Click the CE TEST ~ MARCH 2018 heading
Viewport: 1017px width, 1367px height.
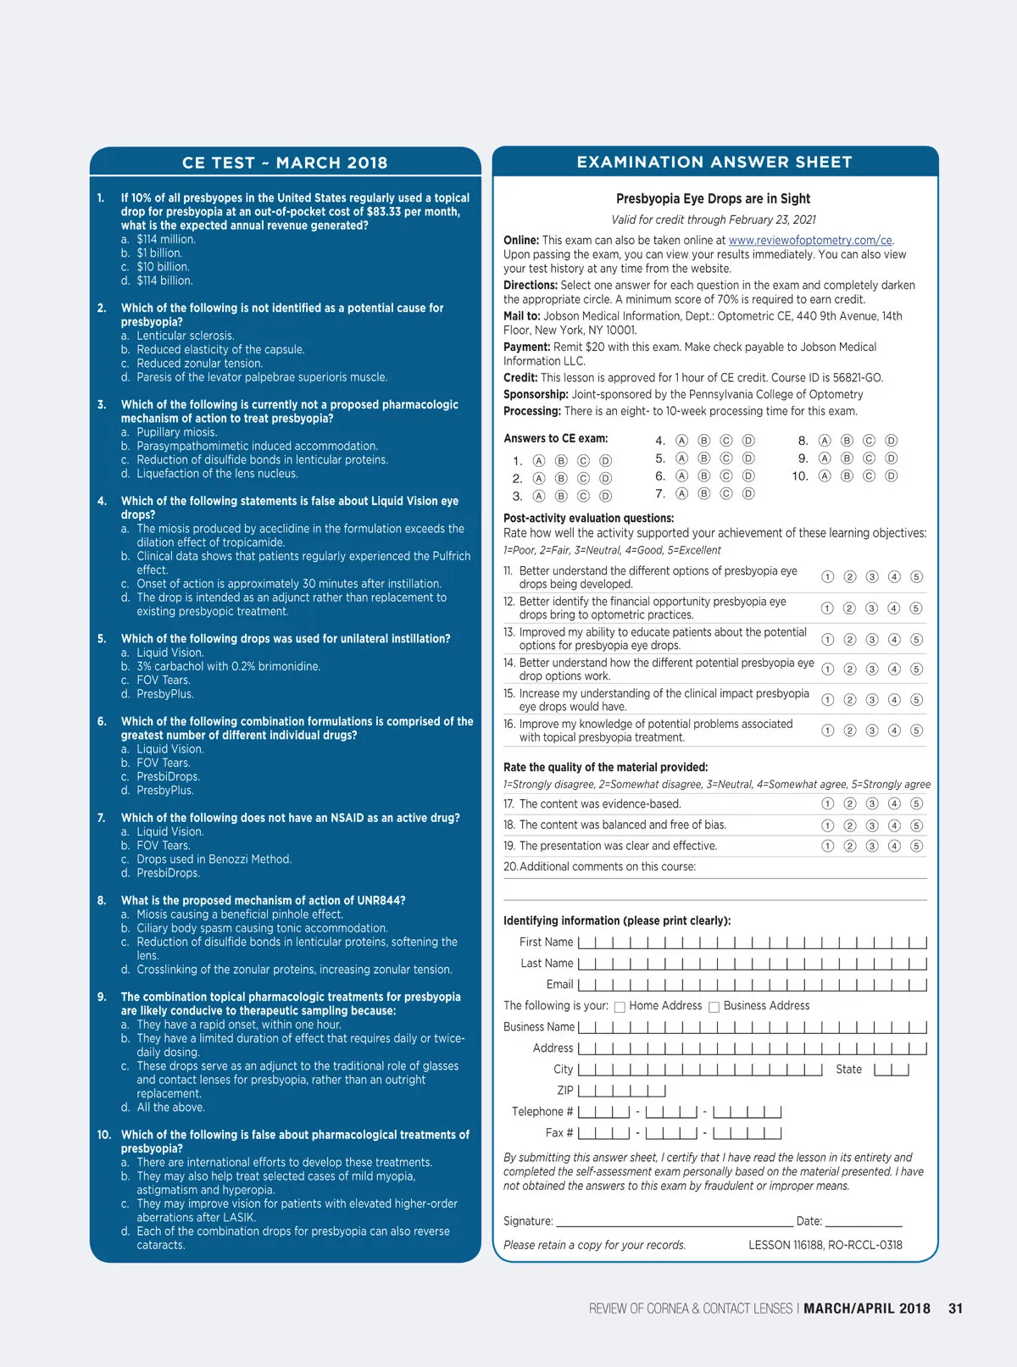point(285,163)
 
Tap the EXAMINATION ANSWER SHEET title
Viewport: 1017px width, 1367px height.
point(714,162)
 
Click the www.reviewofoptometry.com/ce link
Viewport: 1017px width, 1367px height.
point(810,241)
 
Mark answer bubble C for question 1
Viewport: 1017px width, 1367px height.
point(583,461)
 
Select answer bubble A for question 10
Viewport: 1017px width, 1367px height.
point(825,476)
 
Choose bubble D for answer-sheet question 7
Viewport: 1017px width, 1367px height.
point(748,493)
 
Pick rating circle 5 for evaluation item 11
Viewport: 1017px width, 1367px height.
point(916,577)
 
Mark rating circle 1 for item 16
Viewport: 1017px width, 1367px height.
point(828,731)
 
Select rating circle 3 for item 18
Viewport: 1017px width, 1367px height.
point(872,825)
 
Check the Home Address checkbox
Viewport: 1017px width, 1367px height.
point(620,1007)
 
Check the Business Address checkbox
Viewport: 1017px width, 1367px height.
point(714,1007)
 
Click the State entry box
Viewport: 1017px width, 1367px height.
point(892,1070)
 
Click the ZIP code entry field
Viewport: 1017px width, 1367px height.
point(621,1091)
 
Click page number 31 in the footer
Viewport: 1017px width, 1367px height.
point(955,1309)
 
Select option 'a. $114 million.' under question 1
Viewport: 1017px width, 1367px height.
point(165,240)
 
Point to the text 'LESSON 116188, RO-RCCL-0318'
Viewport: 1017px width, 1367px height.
point(825,1245)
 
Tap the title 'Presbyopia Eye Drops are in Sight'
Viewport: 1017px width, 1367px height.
point(713,199)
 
